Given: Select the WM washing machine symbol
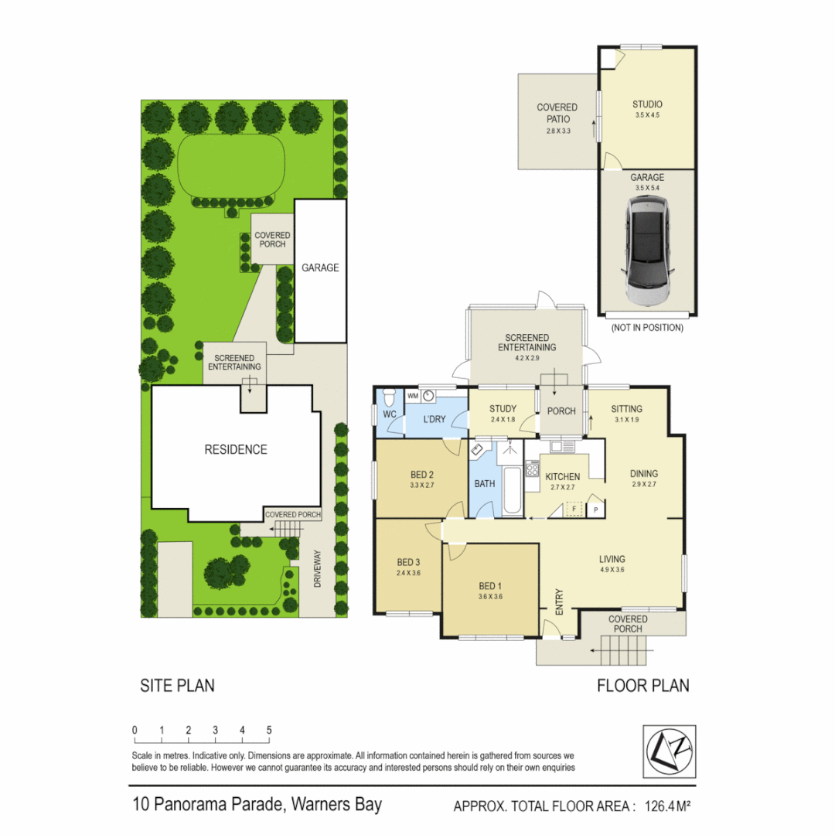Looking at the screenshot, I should pos(412,396).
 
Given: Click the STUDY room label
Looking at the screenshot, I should pos(502,410).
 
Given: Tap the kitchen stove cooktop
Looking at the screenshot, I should pos(532,469).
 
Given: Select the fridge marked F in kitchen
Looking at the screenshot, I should pos(574,509).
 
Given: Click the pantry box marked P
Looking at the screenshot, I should pos(596,510).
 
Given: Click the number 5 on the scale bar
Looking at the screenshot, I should pos(269,730).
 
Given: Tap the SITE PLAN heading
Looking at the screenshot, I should pos(177,686).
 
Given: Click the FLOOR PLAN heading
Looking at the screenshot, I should pos(642,686).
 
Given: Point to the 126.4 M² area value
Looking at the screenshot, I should pos(663,806).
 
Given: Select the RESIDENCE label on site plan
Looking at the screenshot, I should pos(236,450).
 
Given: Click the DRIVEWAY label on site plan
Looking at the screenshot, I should pos(317,569).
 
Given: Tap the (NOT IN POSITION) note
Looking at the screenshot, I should pos(647,328).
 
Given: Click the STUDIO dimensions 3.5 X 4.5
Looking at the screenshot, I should pos(647,114).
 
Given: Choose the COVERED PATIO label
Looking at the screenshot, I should pos(557,113).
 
